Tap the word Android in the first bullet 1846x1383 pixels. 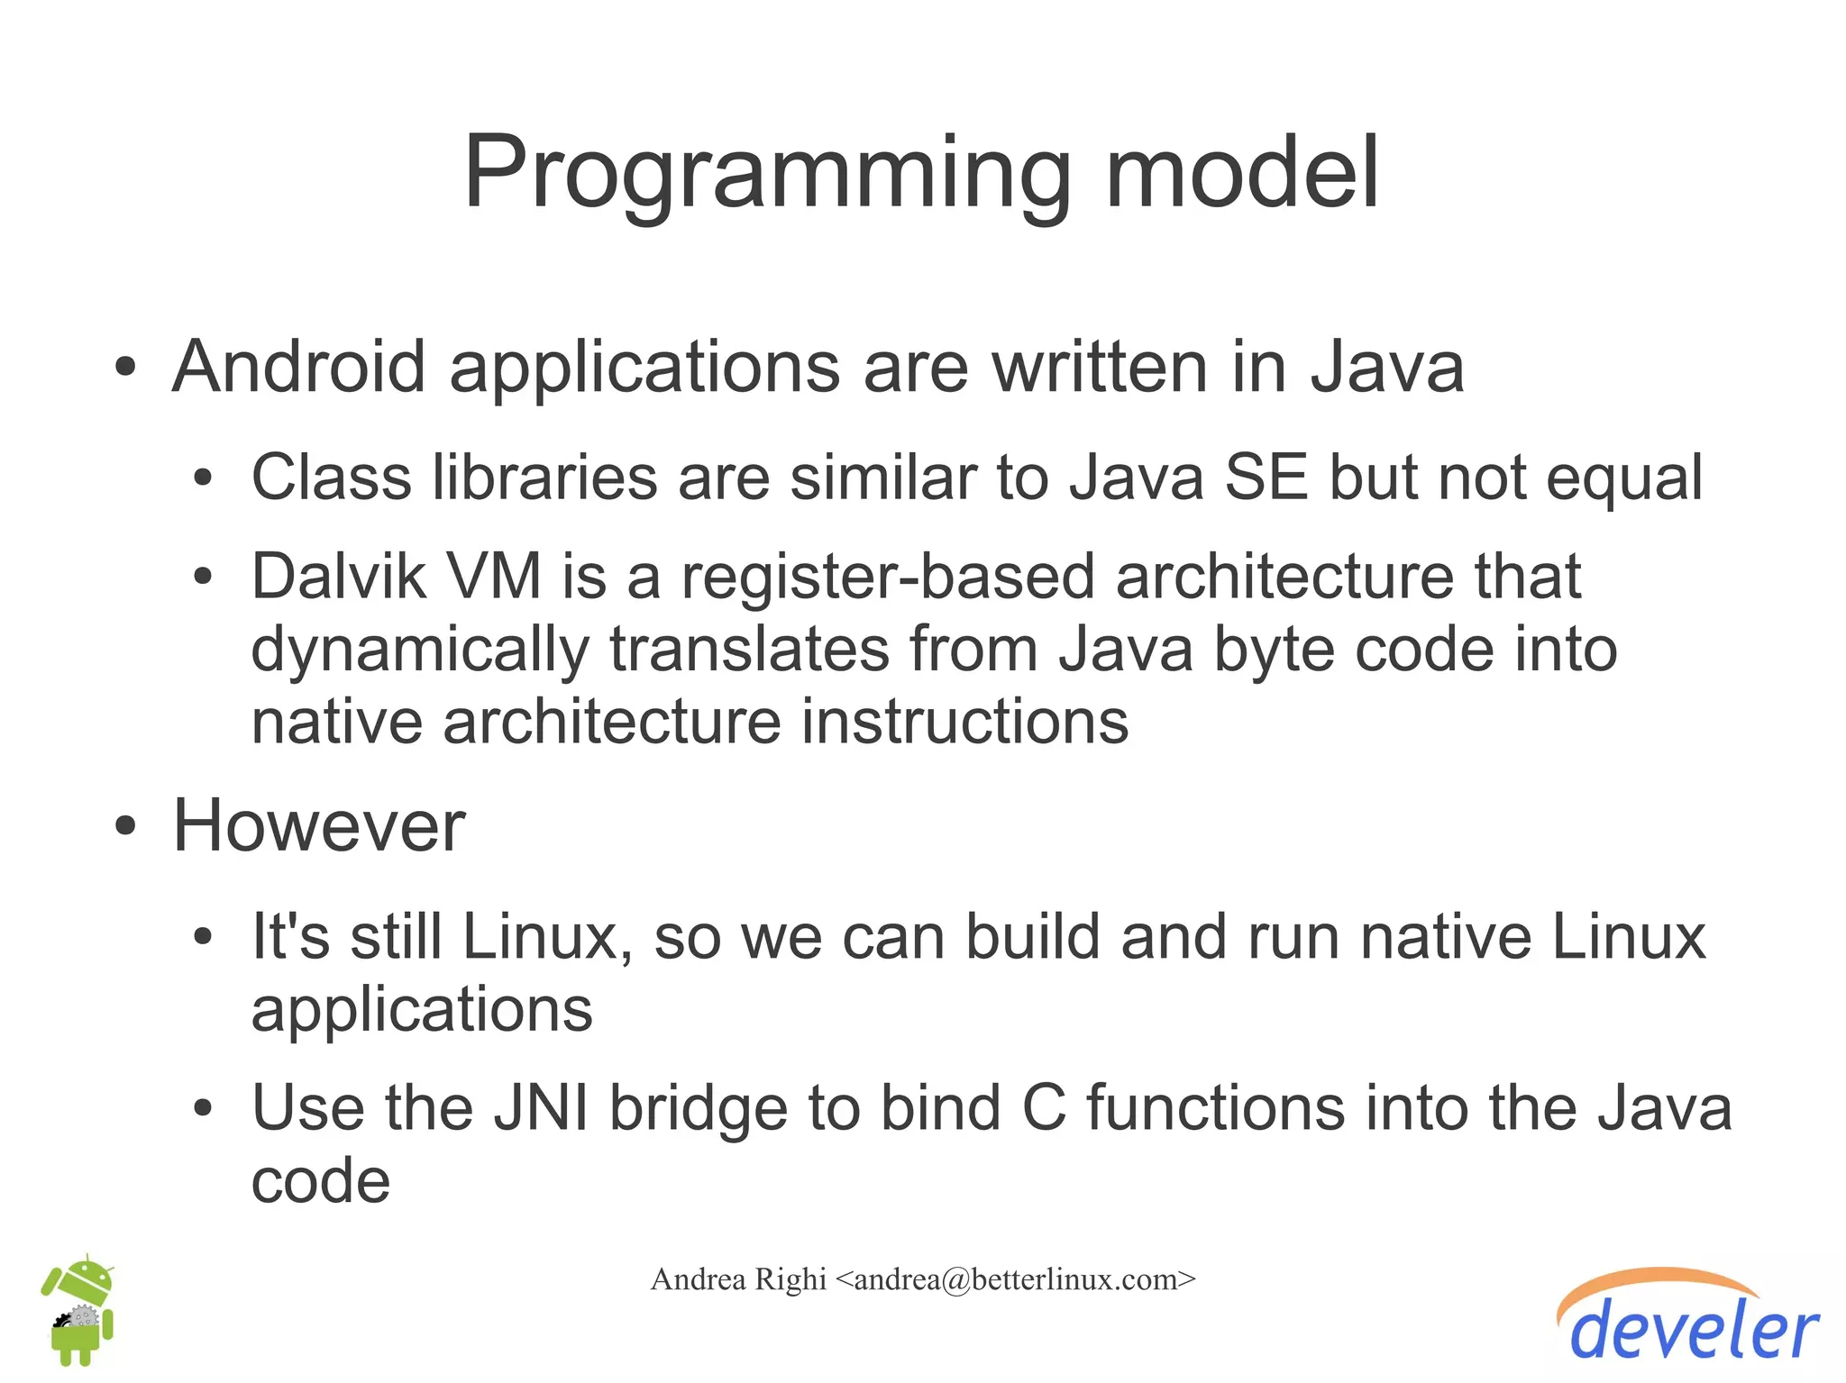click(298, 368)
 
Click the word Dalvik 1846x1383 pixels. click(338, 577)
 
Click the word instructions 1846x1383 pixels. click(964, 723)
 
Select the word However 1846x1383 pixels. click(319, 826)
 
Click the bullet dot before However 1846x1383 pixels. click(125, 826)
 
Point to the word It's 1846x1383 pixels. click(290, 937)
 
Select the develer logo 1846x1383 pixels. click(1691, 1319)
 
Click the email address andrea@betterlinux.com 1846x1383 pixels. click(1015, 1279)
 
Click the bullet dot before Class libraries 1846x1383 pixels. click(203, 478)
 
